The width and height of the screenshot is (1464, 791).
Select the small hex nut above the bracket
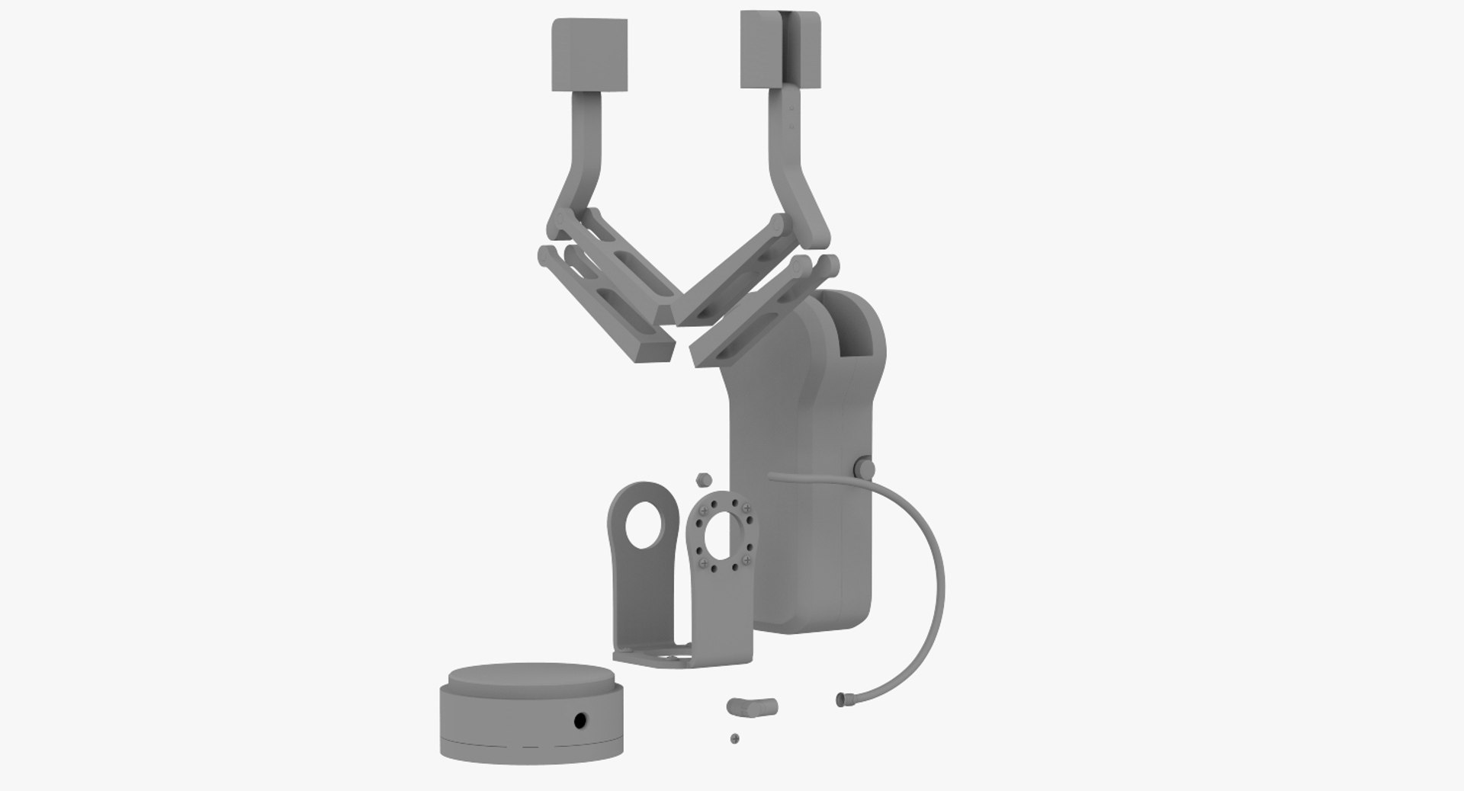pos(704,479)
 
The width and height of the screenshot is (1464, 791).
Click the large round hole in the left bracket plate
pos(644,525)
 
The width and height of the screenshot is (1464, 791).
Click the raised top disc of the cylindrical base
pos(530,676)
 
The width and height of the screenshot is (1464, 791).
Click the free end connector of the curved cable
pos(843,697)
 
